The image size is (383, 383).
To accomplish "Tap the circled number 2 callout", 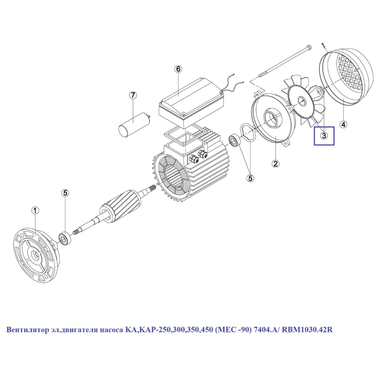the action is coord(275,163).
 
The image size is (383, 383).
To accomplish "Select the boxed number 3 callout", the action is coord(324,136).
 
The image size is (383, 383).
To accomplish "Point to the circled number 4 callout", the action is coord(343,124).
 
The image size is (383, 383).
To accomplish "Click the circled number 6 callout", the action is coord(178,70).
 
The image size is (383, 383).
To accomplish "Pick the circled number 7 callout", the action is coord(133,95).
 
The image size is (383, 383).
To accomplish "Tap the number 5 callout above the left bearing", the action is coord(65,193).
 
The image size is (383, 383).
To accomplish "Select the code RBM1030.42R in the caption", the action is coord(307,330).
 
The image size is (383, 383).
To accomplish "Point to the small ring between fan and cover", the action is coord(320,91).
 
